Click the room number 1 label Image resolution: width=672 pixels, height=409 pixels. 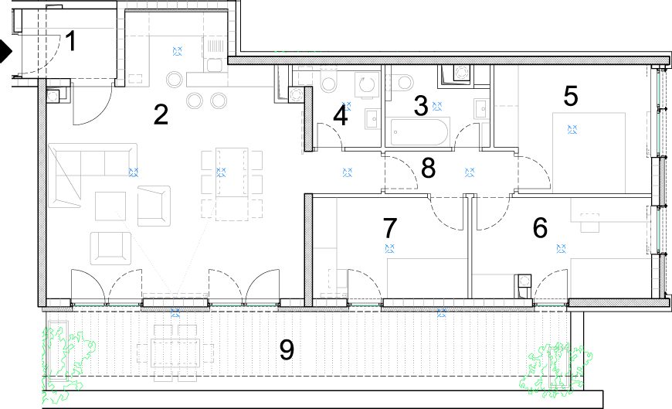71,41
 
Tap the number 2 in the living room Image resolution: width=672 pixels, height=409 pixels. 161,114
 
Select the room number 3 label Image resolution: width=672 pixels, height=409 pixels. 421,106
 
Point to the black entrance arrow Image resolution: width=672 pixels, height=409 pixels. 6,51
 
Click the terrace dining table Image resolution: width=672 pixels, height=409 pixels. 175,353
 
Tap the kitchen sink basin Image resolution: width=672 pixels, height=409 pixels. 214,65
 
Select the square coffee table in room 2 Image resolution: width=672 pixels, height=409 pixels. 110,206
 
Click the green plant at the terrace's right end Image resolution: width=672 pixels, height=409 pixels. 556,370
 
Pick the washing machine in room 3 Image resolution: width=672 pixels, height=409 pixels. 462,72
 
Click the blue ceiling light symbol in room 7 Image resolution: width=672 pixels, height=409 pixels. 389,248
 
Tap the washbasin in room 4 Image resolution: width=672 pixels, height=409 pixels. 372,118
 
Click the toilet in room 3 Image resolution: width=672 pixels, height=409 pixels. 402,82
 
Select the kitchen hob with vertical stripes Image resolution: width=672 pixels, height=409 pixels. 216,46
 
